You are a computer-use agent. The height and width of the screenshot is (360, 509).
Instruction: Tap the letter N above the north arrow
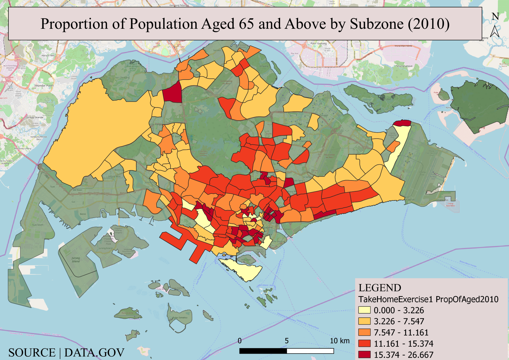495,16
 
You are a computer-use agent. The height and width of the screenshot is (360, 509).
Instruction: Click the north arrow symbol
495,31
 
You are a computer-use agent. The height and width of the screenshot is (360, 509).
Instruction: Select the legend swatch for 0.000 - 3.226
364,310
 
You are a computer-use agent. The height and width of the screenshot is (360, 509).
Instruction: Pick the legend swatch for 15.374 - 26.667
364,354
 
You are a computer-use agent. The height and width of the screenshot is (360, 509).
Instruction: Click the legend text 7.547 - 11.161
401,332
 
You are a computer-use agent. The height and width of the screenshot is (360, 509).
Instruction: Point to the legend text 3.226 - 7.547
399,321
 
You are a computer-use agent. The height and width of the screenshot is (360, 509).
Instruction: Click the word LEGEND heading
380,288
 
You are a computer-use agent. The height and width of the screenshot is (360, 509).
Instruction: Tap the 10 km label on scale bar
339,341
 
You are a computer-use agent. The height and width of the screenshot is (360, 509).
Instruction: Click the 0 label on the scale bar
240,341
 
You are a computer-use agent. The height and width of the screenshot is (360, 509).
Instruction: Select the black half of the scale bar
263,351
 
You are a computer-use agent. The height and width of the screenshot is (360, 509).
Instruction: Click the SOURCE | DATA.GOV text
66,353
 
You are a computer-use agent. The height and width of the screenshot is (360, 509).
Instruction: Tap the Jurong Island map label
76,260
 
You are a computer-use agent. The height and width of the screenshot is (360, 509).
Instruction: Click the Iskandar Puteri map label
44,86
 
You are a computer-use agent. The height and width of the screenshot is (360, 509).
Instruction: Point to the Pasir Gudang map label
319,43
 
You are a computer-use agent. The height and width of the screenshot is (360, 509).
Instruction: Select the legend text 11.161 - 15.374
403,344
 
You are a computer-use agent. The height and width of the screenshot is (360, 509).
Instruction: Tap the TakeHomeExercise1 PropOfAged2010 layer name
428,299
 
